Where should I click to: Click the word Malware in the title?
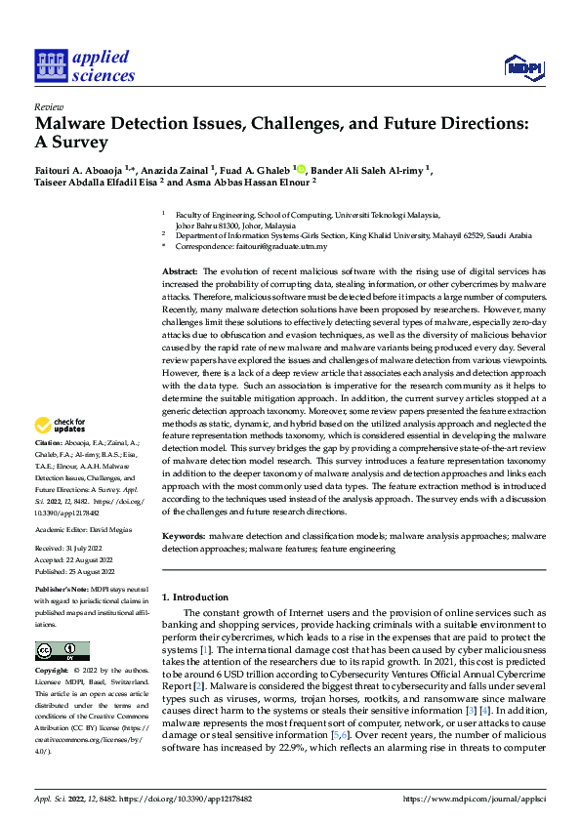click(x=75, y=125)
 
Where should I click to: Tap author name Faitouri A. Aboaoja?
click(x=76, y=170)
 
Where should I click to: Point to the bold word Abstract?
click(x=181, y=269)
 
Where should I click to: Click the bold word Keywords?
click(x=184, y=537)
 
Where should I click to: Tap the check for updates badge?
click(x=62, y=425)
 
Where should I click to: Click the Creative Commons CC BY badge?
click(x=62, y=651)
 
